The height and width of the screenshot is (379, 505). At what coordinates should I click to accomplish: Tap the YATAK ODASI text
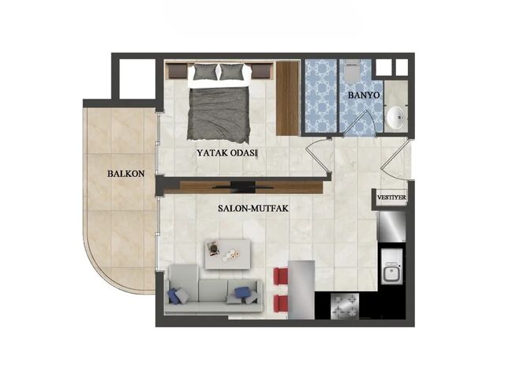[x=227, y=152]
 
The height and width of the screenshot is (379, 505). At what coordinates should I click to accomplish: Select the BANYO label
[x=364, y=95]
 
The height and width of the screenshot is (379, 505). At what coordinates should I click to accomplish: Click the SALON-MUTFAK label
[x=253, y=208]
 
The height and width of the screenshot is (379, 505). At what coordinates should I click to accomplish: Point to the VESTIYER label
[x=391, y=197]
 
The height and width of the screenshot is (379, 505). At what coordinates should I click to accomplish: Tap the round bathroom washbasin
[x=395, y=118]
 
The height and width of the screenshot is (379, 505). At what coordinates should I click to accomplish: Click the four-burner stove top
[x=345, y=306]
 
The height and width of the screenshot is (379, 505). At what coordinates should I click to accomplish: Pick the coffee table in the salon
[x=228, y=254]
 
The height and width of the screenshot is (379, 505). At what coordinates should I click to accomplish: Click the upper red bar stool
[x=281, y=276]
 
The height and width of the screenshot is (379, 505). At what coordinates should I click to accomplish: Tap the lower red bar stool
[x=281, y=304]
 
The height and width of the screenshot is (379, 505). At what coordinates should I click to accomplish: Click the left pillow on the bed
[x=205, y=72]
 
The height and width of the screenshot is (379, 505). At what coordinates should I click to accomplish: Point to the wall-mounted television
[x=243, y=186]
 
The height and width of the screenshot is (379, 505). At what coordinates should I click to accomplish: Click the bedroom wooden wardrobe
[x=287, y=98]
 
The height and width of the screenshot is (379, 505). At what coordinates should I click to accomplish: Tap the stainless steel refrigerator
[x=391, y=227]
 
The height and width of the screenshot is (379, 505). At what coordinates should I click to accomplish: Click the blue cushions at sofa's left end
[x=175, y=295]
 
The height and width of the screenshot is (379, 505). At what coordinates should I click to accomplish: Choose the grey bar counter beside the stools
[x=301, y=290]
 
